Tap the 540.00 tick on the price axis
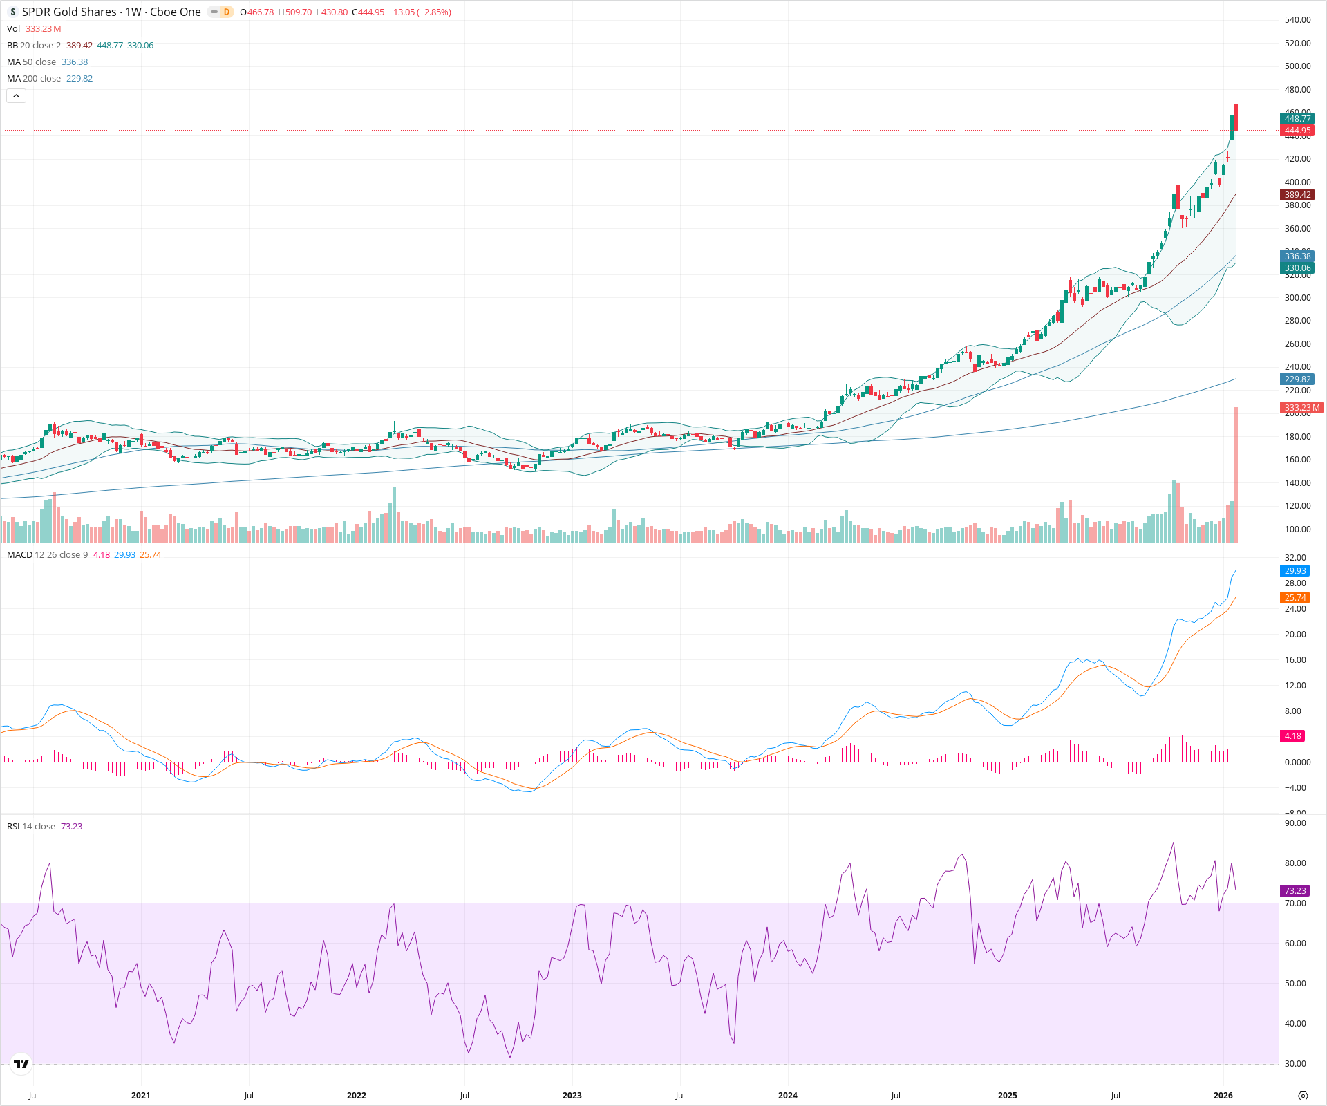1297,20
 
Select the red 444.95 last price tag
1297,131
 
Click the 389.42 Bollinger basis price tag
1297,195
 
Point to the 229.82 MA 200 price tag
1297,379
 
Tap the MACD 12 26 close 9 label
47,555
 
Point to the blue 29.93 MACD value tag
1295,571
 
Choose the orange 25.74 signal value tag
1295,598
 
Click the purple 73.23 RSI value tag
1295,891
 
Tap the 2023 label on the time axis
572,1096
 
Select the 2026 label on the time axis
1223,1096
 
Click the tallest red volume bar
1236,477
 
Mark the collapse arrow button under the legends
16,96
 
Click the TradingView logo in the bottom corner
21,1064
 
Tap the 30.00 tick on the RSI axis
1295,1064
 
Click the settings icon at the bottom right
1303,1096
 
